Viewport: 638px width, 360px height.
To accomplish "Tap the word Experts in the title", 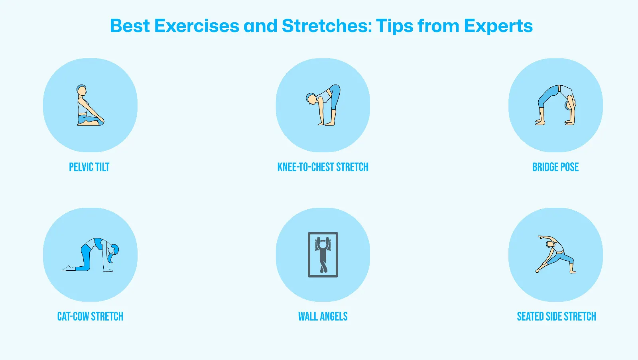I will [x=498, y=26].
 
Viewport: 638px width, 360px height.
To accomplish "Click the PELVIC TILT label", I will [x=89, y=167].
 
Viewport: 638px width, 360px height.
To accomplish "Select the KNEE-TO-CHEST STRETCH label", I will [x=323, y=167].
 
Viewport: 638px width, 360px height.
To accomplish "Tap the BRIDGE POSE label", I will [x=555, y=167].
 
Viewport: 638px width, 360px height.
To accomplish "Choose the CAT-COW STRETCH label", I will [x=90, y=317].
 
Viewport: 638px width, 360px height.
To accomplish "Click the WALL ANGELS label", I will [x=323, y=317].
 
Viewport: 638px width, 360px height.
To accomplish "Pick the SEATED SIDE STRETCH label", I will [x=556, y=317].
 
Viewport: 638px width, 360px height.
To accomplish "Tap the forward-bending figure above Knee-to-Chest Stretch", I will [x=324, y=105].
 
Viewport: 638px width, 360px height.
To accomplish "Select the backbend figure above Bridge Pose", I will [x=556, y=105].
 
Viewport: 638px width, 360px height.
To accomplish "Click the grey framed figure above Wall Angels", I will [x=323, y=255].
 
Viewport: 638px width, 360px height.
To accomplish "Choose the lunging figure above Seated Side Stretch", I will [x=555, y=255].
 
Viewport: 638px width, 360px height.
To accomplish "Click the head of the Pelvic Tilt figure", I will [x=82, y=90].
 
